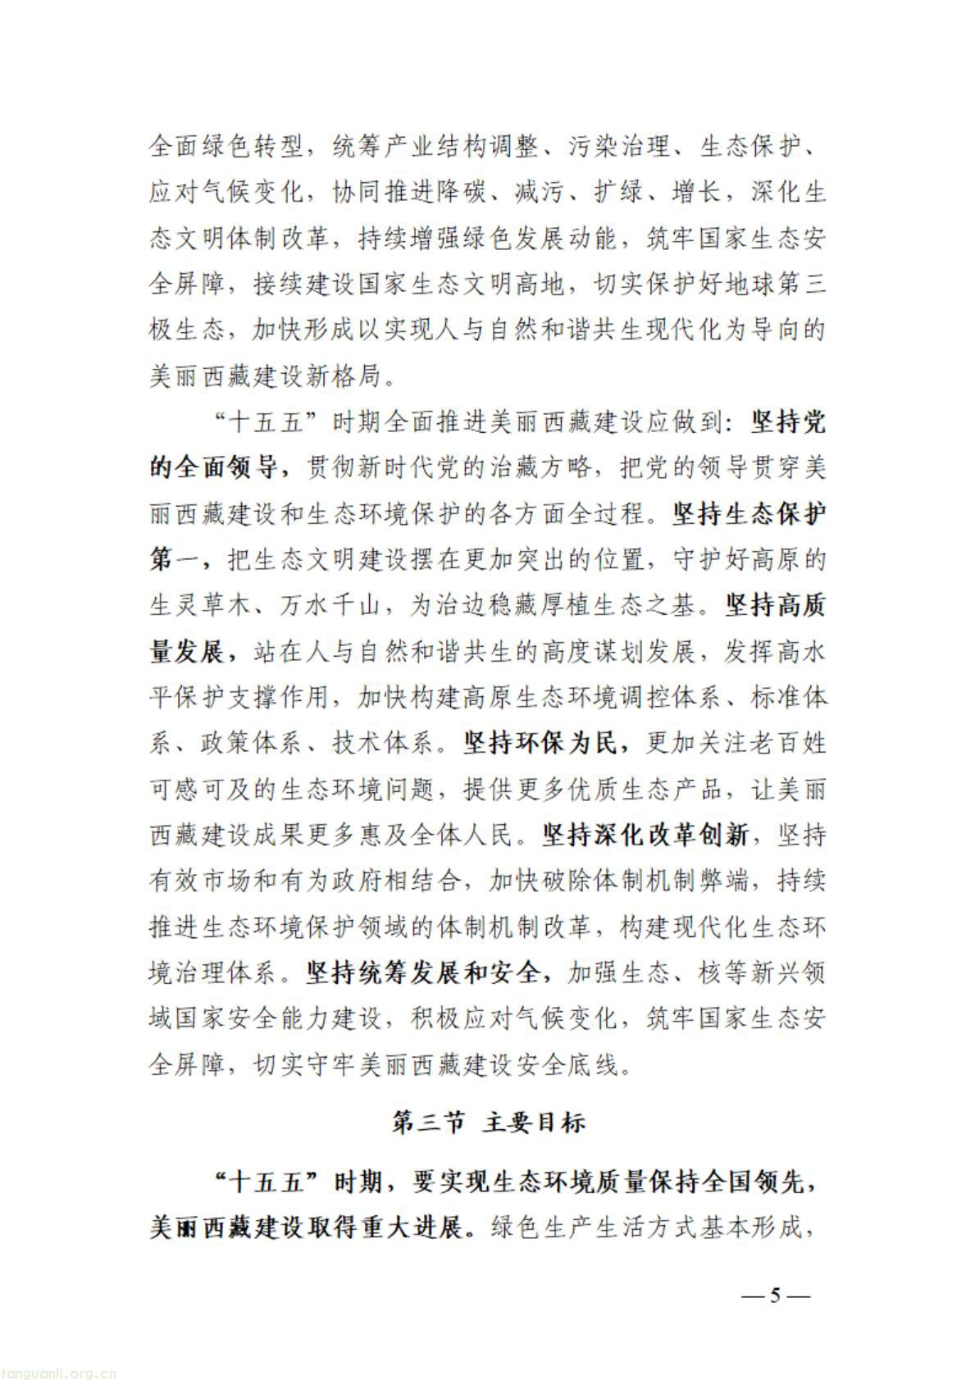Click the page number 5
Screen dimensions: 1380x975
775,1296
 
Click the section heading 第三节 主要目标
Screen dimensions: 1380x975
489,1123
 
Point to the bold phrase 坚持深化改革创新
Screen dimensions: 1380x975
645,836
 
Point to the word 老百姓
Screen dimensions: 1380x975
787,744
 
